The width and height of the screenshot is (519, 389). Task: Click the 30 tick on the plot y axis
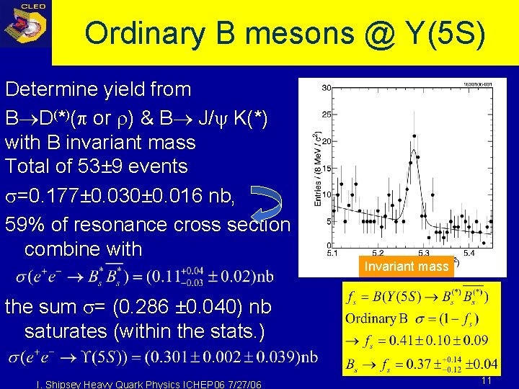[326, 88]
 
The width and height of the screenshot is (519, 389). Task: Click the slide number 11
[486, 380]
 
